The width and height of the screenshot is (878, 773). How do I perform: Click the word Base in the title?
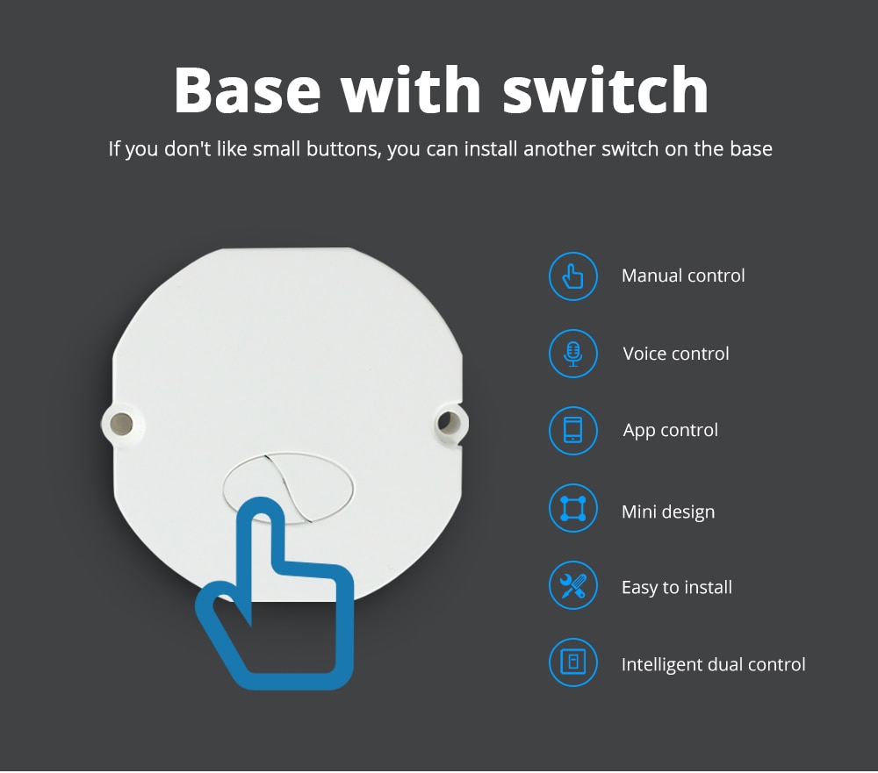(x=248, y=89)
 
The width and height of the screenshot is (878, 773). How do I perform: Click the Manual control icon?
(x=573, y=276)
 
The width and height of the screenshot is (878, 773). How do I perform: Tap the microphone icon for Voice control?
(x=573, y=354)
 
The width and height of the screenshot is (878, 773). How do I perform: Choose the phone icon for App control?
(x=573, y=431)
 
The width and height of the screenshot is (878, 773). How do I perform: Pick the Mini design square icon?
(x=573, y=509)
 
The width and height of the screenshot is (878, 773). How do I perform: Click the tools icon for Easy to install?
(x=573, y=585)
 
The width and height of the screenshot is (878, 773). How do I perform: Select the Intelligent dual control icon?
(x=573, y=662)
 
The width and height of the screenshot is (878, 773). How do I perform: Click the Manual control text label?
(x=683, y=276)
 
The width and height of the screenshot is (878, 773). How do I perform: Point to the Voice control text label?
(x=676, y=354)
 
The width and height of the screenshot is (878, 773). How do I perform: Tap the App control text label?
(x=671, y=431)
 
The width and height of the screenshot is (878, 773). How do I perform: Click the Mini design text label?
(x=668, y=512)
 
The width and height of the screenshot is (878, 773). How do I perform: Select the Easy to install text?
(x=677, y=588)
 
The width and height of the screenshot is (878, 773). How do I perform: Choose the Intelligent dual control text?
(x=713, y=665)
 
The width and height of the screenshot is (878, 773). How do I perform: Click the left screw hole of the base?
(x=121, y=424)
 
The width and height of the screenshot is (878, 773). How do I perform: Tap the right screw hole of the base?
(x=448, y=424)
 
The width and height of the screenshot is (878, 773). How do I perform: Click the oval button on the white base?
(x=288, y=485)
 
